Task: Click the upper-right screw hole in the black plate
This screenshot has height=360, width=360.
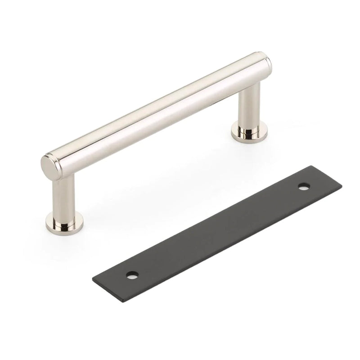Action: coord(305,185)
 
